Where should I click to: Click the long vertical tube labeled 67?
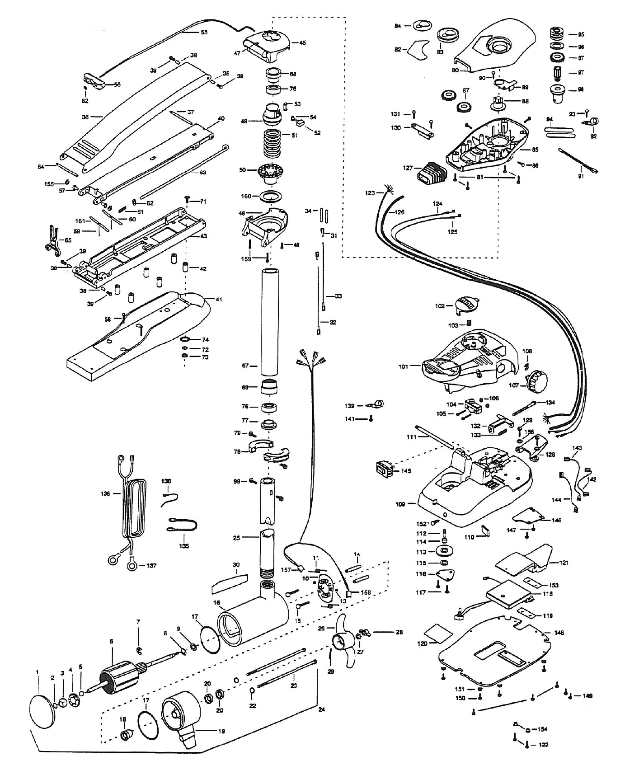[270, 321]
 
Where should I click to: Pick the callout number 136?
[105, 494]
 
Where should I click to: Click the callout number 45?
[302, 43]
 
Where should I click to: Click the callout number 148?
[559, 633]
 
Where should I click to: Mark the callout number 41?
[219, 299]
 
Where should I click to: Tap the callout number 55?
[204, 32]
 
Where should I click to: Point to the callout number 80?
[455, 70]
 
